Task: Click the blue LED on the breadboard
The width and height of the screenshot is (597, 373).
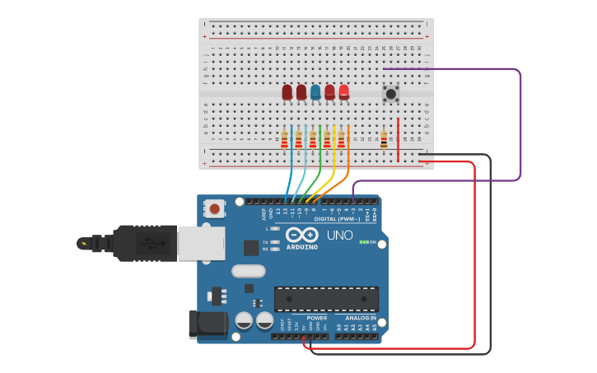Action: click(x=315, y=91)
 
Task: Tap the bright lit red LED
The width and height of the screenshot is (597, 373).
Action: click(x=343, y=91)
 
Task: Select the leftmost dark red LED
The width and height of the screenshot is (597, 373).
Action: click(x=287, y=91)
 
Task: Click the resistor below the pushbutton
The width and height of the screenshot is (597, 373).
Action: click(x=384, y=141)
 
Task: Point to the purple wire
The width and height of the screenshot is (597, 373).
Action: click(x=520, y=124)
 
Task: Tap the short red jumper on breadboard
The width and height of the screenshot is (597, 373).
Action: click(x=399, y=140)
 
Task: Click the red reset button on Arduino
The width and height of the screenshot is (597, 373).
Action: click(x=215, y=208)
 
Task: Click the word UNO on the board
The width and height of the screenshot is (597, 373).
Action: click(x=340, y=235)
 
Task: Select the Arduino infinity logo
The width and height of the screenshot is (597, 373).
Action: click(x=301, y=235)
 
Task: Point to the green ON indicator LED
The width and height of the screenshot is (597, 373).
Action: click(x=363, y=242)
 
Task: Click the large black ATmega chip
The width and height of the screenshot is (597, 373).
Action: click(x=326, y=299)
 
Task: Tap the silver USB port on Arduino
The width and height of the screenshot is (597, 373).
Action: click(x=200, y=243)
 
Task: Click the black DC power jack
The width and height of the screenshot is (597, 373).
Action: click(x=208, y=324)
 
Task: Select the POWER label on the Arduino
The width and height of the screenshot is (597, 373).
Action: click(x=316, y=318)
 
